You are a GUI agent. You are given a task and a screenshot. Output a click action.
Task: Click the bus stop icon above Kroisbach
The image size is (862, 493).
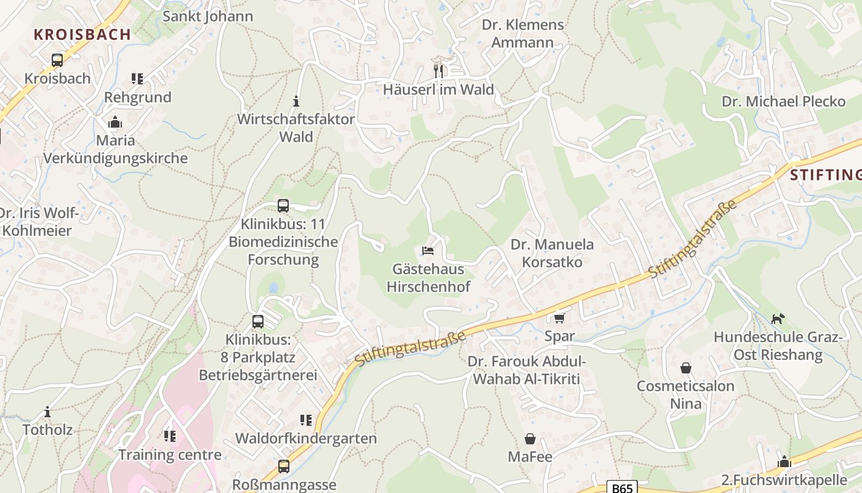pos(57,60)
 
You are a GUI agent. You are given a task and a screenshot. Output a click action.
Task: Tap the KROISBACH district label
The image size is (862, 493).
pos(83,35)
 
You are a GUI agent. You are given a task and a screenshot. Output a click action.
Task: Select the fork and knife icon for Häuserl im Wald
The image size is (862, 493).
pos(438,71)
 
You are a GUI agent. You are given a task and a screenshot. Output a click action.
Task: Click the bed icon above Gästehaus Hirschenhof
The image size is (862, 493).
pos(428,251)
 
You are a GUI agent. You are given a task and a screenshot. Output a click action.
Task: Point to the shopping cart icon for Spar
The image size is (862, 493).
pos(559,318)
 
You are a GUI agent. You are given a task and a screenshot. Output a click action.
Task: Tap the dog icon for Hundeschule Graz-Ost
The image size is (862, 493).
pos(778,319)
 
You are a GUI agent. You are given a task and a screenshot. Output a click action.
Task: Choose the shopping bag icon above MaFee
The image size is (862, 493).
pos(530,439)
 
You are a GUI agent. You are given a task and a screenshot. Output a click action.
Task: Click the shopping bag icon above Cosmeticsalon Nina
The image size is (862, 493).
pos(686,368)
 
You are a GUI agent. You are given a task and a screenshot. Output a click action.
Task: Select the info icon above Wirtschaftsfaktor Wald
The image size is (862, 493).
pos(296,101)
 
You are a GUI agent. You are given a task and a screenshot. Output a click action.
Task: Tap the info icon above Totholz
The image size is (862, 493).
pos(47,412)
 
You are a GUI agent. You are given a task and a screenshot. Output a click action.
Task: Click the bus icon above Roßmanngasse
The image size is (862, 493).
pos(284,467)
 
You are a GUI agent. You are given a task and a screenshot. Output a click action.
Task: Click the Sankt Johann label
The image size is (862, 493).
pos(207,16)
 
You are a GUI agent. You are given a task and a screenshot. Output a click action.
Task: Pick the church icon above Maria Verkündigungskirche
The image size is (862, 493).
pos(115,123)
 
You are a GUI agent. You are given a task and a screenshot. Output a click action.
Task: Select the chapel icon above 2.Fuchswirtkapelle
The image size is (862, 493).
pos(784,462)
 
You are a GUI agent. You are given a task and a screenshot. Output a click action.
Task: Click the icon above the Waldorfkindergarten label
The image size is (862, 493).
pos(306,420)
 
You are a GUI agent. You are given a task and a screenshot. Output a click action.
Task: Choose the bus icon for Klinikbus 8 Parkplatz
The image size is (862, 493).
pos(258,322)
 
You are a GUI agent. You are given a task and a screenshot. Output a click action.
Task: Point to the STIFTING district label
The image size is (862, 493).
pos(825,175)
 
